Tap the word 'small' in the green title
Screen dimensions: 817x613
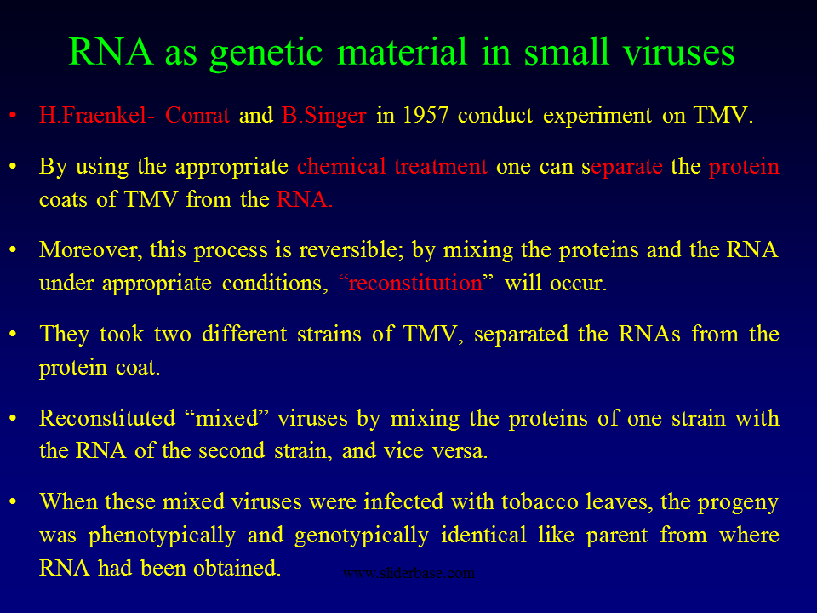[567, 51]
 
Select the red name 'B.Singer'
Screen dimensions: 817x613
[323, 116]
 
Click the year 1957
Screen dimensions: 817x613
[426, 115]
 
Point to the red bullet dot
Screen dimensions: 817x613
[13, 115]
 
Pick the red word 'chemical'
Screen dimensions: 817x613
[341, 166]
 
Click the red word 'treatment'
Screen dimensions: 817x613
[441, 167]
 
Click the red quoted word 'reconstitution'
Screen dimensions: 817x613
[415, 283]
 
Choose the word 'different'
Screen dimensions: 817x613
[244, 334]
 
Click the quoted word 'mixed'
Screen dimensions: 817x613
[226, 418]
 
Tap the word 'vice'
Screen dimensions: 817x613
[403, 451]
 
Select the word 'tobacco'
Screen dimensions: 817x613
[540, 501]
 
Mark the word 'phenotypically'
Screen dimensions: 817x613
[162, 536]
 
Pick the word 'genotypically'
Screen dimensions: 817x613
[362, 536]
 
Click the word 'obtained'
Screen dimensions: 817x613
[237, 568]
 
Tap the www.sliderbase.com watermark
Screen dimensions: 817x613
[409, 573]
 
